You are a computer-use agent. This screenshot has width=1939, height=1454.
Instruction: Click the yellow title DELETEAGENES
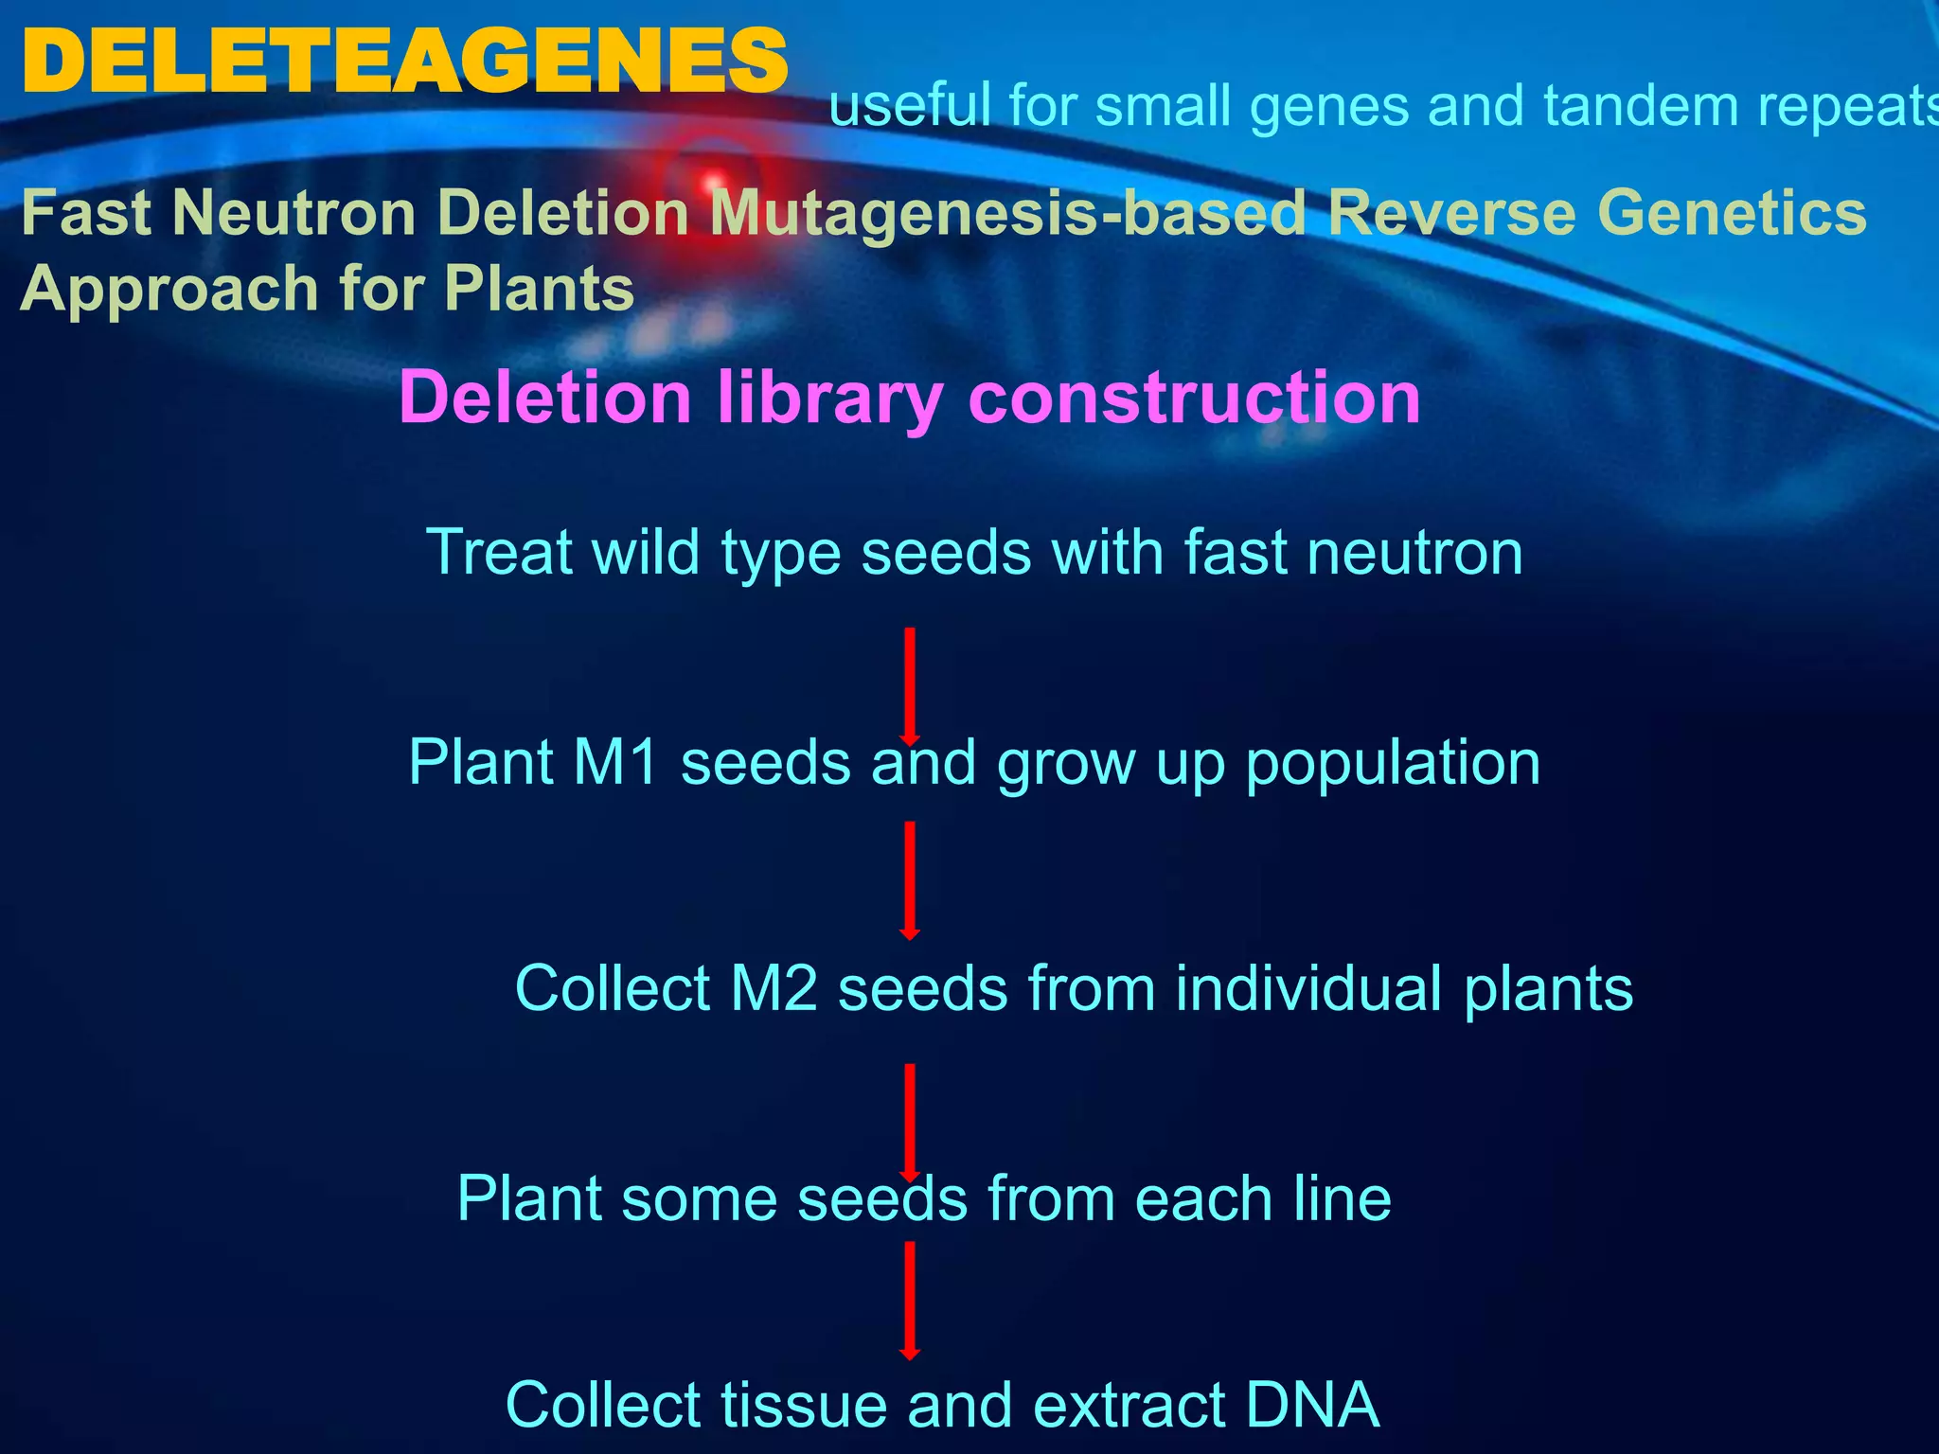click(x=404, y=62)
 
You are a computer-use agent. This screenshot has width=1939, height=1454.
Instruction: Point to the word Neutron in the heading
click(x=294, y=212)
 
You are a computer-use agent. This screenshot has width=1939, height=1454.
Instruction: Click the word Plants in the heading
click(x=539, y=289)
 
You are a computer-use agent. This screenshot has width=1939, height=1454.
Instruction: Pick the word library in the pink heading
click(x=829, y=398)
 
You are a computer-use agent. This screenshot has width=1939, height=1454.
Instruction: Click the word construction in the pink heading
click(x=1195, y=398)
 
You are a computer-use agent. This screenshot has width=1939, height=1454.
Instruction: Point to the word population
click(x=1393, y=764)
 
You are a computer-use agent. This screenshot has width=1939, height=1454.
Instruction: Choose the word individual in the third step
click(x=1309, y=988)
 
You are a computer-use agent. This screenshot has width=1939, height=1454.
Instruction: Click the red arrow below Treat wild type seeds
click(x=909, y=687)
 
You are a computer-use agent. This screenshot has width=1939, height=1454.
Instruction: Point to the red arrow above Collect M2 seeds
click(x=909, y=881)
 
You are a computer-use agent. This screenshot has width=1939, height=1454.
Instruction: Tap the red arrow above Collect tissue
click(x=909, y=1302)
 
